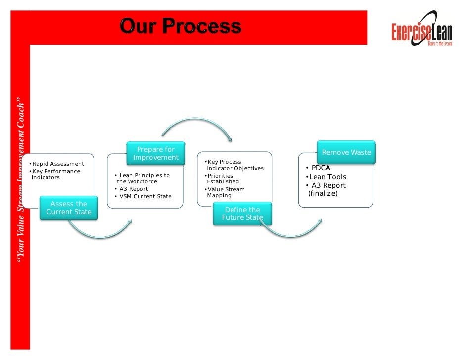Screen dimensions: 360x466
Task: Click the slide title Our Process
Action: [x=180, y=26]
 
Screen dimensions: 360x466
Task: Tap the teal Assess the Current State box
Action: [x=69, y=208]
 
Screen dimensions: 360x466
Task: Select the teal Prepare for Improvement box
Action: [x=155, y=153]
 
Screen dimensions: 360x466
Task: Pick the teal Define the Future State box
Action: [x=242, y=214]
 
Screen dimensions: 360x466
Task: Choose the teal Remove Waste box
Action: [x=346, y=152]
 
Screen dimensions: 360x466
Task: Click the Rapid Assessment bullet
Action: [x=57, y=164]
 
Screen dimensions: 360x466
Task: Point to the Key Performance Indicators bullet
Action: [x=55, y=174]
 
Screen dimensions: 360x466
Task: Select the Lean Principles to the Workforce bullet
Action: [x=142, y=179]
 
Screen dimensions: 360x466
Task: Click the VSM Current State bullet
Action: [x=143, y=196]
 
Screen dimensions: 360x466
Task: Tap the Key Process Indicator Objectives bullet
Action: [x=234, y=165]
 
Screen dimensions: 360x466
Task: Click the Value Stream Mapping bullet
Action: [x=226, y=192]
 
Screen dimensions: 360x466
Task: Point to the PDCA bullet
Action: [x=320, y=168]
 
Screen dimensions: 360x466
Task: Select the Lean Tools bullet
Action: [x=327, y=177]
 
